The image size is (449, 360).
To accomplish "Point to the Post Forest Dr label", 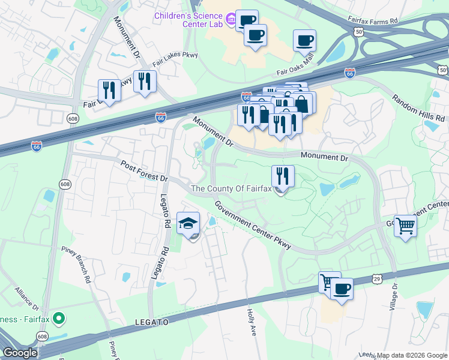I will (144, 171).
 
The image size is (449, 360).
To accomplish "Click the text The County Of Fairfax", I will (231, 189).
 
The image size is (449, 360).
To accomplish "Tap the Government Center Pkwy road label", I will (252, 225).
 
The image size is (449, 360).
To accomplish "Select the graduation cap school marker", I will (188, 224).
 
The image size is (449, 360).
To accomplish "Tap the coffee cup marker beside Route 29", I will (342, 289).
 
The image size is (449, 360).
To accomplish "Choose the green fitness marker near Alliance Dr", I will (58, 318).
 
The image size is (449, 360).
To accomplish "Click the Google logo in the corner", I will (20, 353).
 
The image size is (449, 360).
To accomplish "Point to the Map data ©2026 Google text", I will (412, 355).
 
